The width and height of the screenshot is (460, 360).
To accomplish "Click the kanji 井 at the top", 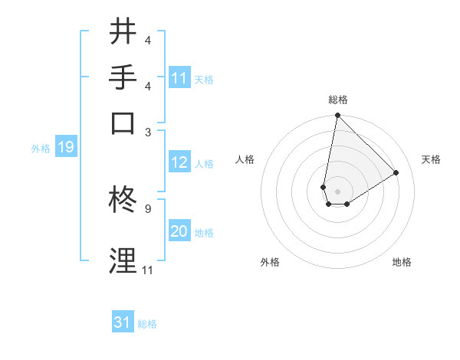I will click(x=123, y=31).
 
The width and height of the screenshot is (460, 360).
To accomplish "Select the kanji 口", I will click(x=123, y=123).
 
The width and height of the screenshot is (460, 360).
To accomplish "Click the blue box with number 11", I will click(x=179, y=78).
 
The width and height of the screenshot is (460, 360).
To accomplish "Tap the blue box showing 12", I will click(x=179, y=162).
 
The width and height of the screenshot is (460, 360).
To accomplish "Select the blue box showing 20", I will click(x=179, y=231).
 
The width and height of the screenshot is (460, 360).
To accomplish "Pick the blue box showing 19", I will click(x=66, y=147).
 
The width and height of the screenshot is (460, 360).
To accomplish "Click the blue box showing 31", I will click(x=123, y=322).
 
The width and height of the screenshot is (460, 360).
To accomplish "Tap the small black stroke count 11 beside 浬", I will click(x=146, y=270).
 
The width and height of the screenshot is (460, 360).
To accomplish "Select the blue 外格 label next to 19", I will click(x=41, y=148).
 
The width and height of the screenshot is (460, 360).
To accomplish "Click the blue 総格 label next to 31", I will click(x=147, y=324).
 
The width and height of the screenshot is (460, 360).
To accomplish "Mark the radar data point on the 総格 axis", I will click(x=337, y=116).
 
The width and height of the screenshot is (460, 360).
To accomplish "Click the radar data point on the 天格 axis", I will click(x=396, y=172).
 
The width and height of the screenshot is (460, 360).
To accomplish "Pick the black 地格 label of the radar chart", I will click(x=402, y=262).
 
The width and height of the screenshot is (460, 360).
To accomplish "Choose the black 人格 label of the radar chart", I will click(x=245, y=159).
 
